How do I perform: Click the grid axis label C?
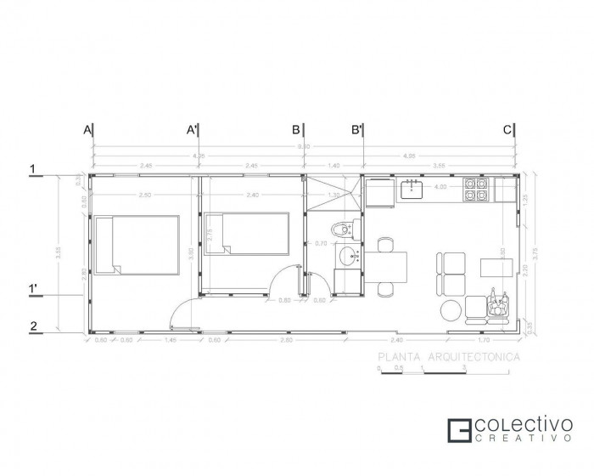(507, 130)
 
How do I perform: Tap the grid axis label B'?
(357, 130)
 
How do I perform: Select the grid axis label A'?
(192, 130)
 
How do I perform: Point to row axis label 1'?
(33, 289)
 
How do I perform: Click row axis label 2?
(32, 325)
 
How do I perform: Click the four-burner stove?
(475, 190)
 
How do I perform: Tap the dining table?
(386, 267)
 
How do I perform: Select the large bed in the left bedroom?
(136, 244)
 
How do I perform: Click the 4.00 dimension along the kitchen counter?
(440, 187)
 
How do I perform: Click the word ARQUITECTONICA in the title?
(475, 358)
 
